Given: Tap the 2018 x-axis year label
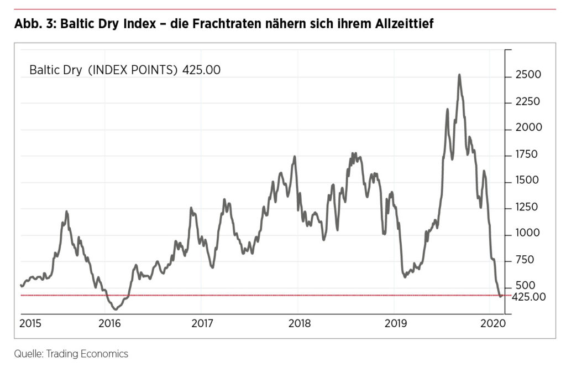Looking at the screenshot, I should tap(298, 323).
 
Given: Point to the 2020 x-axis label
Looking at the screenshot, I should tap(492, 323).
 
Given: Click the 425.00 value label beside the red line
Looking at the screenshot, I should tap(528, 297).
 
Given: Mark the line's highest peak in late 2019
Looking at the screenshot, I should tap(459, 75).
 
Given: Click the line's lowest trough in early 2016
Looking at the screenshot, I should tap(116, 309).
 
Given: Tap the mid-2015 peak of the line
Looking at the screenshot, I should tap(66, 212).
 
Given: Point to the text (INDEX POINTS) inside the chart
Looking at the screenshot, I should tap(133, 70).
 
